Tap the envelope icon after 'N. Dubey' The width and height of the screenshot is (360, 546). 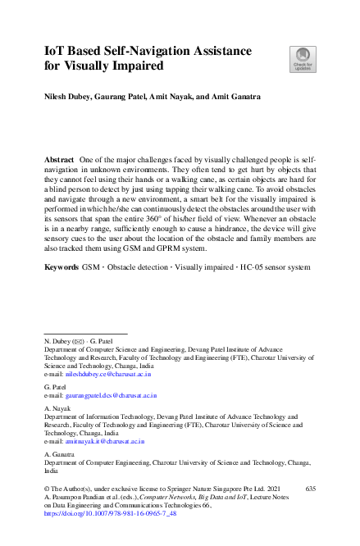[78, 339]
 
